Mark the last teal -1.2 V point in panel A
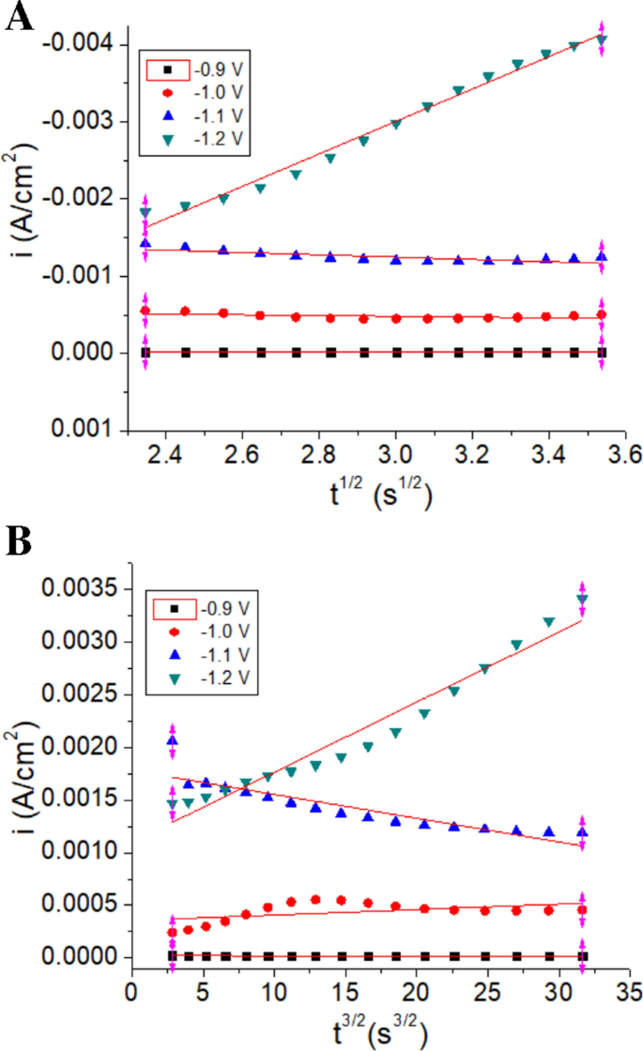tap(602, 40)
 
